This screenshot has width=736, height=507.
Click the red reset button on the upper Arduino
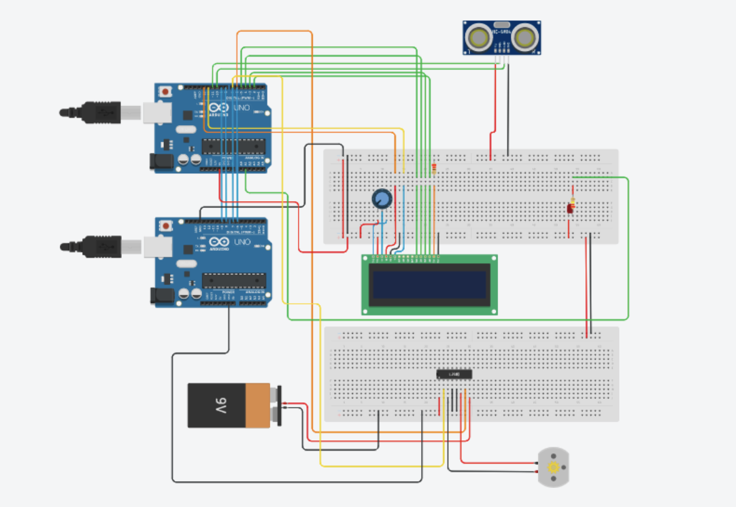(x=165, y=91)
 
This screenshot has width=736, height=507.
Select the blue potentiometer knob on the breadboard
(x=382, y=198)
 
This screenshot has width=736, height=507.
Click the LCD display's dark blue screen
(x=429, y=284)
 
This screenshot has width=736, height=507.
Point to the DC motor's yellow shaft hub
(x=554, y=468)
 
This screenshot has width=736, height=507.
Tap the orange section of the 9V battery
(x=258, y=406)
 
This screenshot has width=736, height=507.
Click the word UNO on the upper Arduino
(x=242, y=109)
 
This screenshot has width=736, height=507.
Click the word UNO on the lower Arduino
(x=242, y=243)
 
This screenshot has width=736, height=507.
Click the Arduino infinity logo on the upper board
(x=221, y=109)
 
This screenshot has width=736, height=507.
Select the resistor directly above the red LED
(x=572, y=202)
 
